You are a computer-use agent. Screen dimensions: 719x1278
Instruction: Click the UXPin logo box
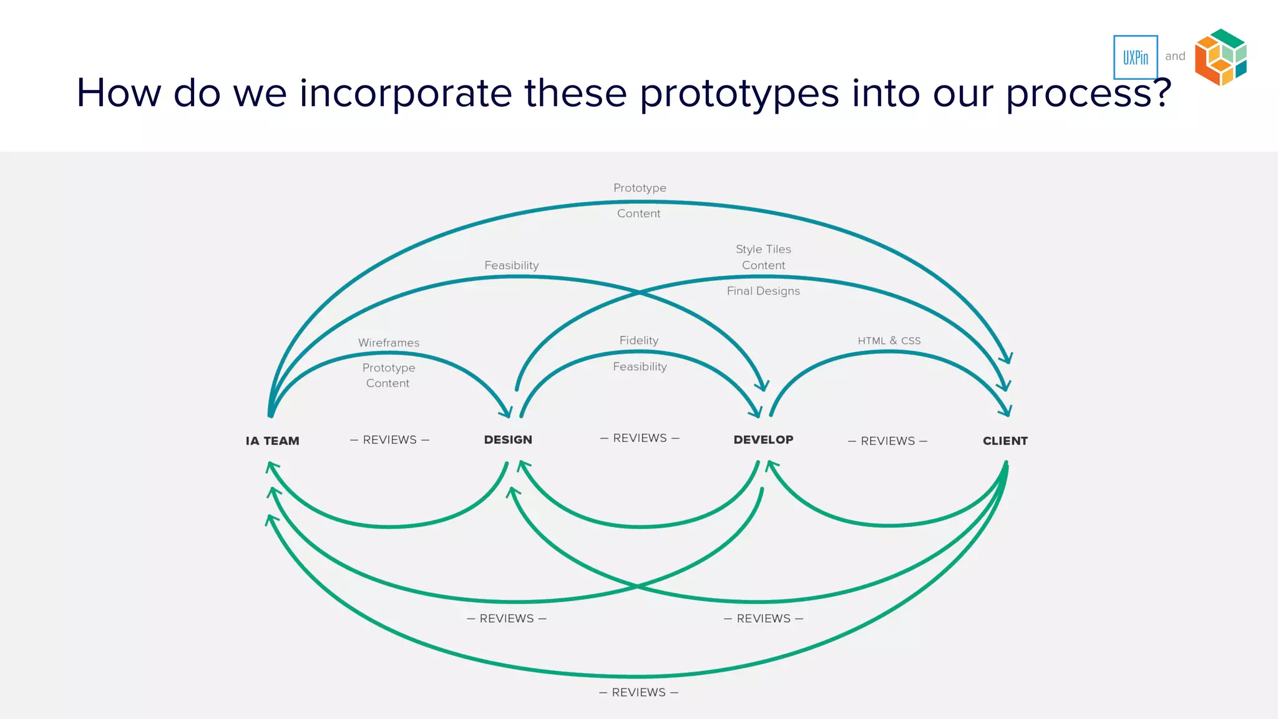tap(1135, 57)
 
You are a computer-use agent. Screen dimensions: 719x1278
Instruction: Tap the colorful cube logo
tap(1221, 57)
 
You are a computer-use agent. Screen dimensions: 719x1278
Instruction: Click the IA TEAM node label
tap(272, 441)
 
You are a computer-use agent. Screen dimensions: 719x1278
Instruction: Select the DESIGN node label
tap(508, 439)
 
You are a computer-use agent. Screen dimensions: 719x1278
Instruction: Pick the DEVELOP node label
tap(763, 439)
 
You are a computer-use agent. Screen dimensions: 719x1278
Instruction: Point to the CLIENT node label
tap(1005, 441)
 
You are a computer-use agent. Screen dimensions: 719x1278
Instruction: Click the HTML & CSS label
tap(889, 341)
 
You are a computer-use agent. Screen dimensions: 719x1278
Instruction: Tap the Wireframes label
tap(389, 343)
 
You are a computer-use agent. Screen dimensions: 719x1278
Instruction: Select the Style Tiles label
tap(763, 249)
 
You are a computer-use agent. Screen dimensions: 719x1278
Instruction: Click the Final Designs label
tap(763, 291)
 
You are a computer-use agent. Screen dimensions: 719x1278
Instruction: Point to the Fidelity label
tap(639, 340)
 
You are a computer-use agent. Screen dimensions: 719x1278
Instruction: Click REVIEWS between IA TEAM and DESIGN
tap(389, 440)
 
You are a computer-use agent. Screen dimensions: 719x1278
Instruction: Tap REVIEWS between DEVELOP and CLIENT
tap(887, 441)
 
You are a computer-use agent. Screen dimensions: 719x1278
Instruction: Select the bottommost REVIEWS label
tap(638, 692)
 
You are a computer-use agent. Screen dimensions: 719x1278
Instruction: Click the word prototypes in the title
tap(739, 94)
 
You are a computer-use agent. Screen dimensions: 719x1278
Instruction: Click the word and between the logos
tap(1175, 56)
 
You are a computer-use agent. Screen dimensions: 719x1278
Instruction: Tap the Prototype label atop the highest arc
tap(640, 188)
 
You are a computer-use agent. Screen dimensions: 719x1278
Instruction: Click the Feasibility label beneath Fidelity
tap(640, 366)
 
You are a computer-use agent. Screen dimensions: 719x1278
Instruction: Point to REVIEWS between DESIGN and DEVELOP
tap(640, 438)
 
